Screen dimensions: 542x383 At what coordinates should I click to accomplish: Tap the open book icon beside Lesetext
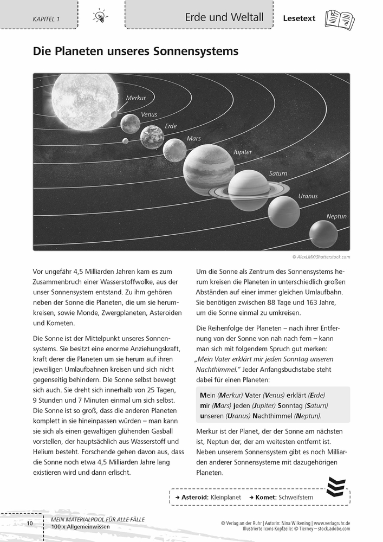tap(339, 19)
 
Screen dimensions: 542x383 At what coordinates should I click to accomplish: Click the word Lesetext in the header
tap(300, 18)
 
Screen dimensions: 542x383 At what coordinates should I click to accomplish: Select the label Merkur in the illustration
tap(135, 98)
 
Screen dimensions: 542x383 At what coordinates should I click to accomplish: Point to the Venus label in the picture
tap(149, 114)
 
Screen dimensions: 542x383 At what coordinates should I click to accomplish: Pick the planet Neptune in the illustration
tap(323, 234)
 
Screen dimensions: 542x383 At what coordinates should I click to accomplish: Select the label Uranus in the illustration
tap(308, 196)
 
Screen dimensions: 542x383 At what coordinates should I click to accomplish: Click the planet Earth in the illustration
tap(152, 137)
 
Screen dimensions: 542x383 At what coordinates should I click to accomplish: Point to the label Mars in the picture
tap(193, 139)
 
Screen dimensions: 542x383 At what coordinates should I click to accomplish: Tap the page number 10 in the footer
tap(29, 523)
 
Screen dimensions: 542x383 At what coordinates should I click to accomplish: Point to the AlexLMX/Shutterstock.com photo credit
tap(321, 257)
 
